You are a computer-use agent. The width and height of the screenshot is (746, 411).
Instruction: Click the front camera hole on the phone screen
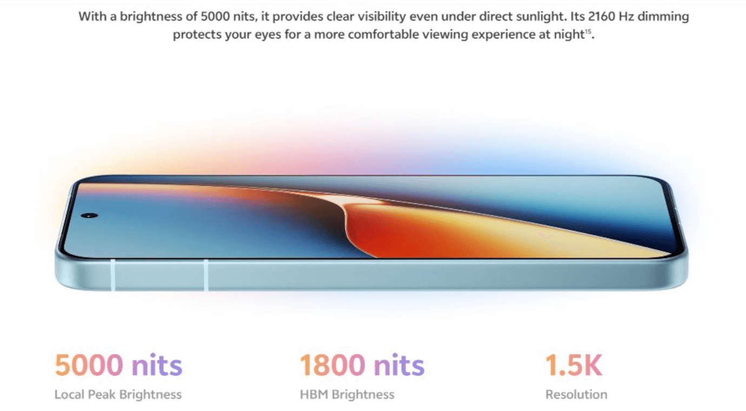89,215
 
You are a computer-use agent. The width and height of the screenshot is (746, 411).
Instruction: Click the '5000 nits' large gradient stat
118,365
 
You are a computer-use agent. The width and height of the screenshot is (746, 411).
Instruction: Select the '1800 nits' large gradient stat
362,365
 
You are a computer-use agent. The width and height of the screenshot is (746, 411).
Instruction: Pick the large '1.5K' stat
573,365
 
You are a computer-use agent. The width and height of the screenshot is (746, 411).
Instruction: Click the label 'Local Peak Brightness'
118,395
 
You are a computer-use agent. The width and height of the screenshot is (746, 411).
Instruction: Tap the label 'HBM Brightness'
347,395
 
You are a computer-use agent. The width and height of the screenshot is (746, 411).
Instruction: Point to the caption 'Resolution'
576,395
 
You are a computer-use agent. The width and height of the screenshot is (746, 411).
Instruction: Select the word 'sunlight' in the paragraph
541,17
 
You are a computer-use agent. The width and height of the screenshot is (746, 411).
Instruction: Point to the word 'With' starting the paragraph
90,17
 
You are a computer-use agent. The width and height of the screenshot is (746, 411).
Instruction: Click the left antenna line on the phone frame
113,275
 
